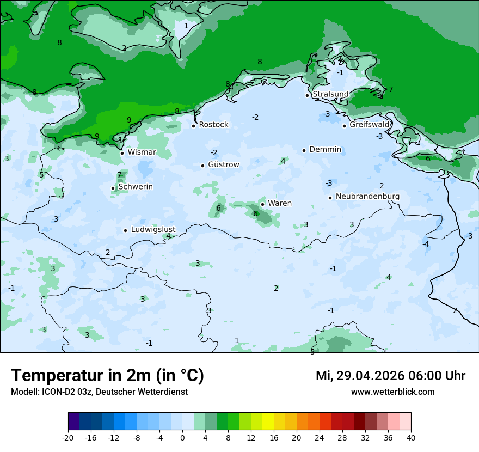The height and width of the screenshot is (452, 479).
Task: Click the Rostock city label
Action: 213,125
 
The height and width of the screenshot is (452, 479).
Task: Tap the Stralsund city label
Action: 330,94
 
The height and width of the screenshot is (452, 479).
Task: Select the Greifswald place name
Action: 370,125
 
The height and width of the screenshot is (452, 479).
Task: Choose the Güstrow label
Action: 223,164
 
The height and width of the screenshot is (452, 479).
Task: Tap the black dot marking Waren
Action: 262,204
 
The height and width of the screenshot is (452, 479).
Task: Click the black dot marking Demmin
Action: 304,150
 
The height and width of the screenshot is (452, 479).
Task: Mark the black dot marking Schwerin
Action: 113,188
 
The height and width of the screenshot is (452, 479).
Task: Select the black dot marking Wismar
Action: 122,153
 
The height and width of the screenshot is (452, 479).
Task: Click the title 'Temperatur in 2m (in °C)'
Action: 107,376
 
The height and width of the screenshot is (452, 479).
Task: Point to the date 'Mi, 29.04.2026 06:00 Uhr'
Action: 390,376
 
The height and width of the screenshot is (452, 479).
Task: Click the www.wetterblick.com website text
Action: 392,392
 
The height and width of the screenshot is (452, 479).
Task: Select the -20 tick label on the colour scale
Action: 68,437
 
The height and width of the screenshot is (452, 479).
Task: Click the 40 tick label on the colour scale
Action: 411,437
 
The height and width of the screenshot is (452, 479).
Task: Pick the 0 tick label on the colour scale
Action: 182,437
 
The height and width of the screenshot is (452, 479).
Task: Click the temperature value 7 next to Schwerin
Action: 119,175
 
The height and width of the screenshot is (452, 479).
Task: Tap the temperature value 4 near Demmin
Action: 283,161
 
